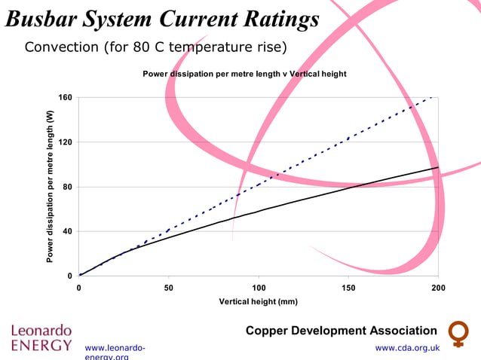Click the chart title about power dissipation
point(244,74)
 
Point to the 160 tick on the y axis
point(65,98)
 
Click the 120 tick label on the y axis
point(65,142)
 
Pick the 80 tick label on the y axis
point(67,187)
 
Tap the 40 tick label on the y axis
point(67,231)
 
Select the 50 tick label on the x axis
point(168,288)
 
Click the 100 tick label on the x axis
point(258,288)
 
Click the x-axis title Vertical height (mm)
point(258,301)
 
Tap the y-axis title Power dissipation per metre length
point(50,187)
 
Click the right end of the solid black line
point(437,167)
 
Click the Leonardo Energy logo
point(41,338)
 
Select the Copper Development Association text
point(341,331)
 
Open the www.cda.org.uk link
point(407,348)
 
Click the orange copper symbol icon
point(458,334)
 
